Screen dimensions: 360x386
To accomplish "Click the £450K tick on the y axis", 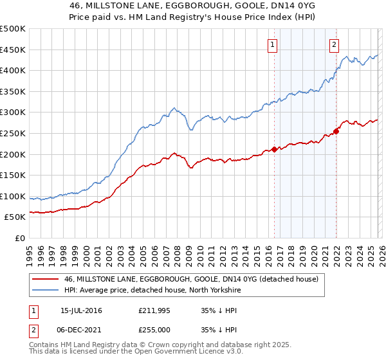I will [13, 50].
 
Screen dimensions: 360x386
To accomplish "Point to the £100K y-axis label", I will [13, 196].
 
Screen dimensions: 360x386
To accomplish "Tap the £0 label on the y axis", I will [19, 238].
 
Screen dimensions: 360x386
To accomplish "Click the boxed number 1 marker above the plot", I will [273, 44].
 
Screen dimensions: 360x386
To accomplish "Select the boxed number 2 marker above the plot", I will [335, 44].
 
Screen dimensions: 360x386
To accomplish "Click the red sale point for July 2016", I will [274, 149].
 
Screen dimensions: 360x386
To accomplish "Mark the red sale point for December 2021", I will [336, 131].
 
